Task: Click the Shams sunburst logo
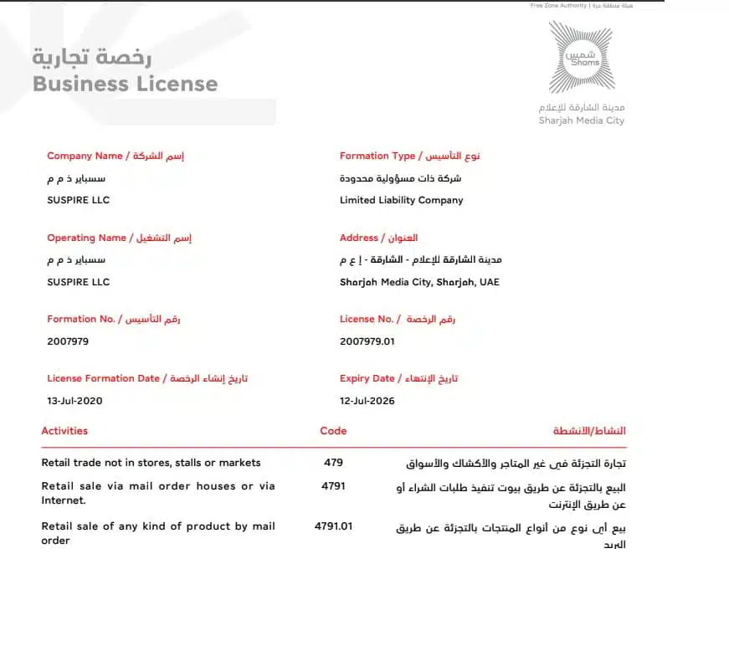pos(581,57)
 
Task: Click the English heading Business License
pos(125,84)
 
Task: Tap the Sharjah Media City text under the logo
pos(581,120)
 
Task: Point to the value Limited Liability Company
pos(401,200)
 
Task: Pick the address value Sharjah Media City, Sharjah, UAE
pos(419,282)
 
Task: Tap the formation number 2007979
pos(68,341)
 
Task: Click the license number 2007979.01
pos(367,341)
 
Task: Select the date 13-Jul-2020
pos(74,401)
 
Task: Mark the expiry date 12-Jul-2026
pos(367,401)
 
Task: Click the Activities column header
pos(64,431)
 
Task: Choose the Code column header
pos(333,431)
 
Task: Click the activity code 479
pos(333,462)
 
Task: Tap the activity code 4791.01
pos(333,526)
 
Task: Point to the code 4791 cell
pos(333,485)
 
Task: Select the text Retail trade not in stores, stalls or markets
pos(151,462)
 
